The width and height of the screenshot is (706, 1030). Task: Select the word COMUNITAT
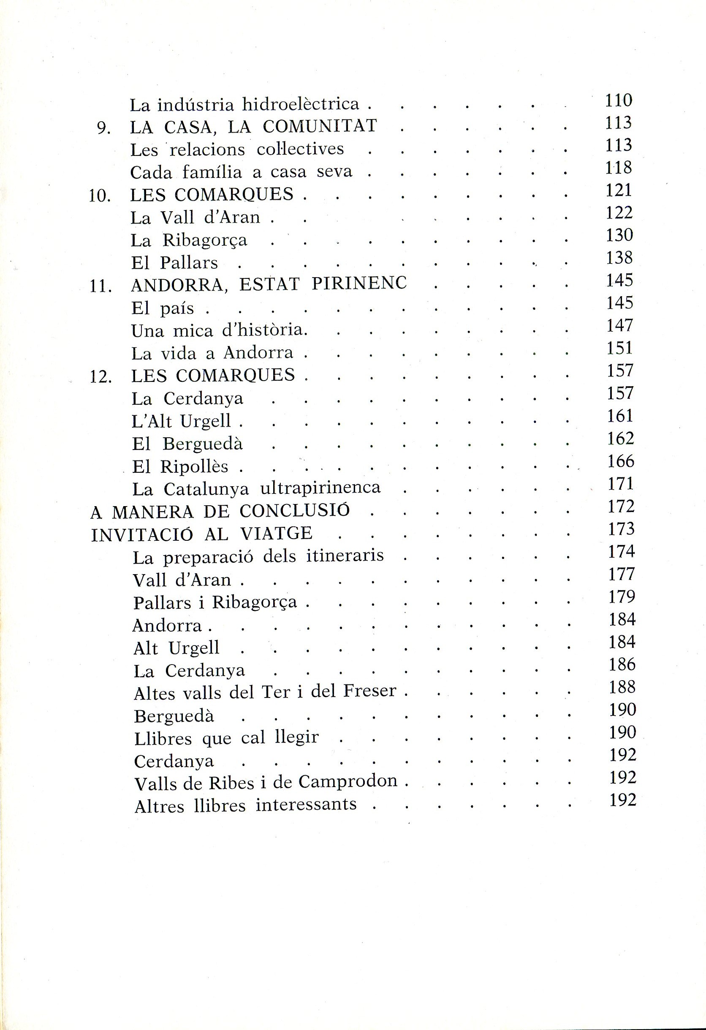(319, 126)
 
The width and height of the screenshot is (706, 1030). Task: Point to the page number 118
(619, 168)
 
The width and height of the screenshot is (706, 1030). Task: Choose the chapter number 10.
(100, 196)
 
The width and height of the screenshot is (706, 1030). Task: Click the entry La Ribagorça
(189, 240)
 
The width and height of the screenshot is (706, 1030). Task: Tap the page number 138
(619, 258)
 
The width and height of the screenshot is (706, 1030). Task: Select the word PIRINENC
(359, 283)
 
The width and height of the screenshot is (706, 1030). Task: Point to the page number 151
(620, 348)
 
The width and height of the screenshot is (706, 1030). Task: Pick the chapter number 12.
(100, 377)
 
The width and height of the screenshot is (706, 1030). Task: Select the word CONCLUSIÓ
(295, 511)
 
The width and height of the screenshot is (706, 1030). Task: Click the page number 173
(622, 529)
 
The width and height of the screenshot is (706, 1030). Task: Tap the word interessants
(306, 804)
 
